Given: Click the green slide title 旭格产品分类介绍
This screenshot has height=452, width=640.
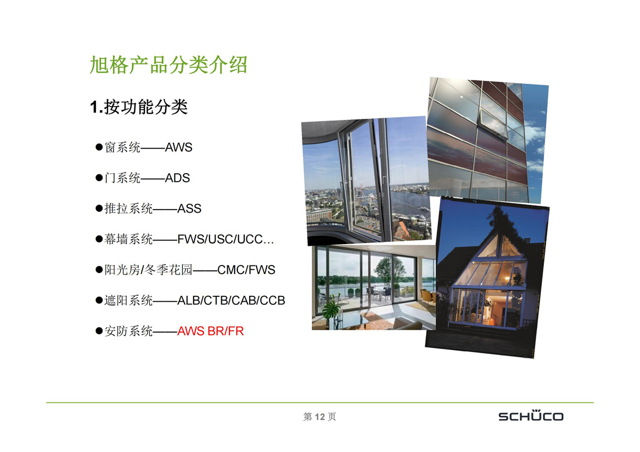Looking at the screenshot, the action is point(169,65).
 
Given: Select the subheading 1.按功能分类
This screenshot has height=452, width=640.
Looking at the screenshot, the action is point(139,107).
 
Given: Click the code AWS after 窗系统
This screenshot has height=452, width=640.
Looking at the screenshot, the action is point(179,147).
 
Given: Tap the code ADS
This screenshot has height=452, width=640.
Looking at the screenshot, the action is point(178,178).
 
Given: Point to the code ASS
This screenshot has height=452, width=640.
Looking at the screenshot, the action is point(189,208).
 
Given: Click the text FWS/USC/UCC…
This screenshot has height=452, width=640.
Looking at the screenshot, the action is point(226,239).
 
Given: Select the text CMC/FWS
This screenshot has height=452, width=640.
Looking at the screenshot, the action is point(246,270).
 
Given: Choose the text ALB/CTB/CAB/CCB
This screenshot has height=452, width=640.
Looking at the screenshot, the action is point(231,301).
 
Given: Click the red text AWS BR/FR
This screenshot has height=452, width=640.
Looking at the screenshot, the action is point(210,331).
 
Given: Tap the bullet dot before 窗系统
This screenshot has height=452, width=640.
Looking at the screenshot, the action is point(99,147).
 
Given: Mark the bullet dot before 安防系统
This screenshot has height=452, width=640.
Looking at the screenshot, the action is point(99,331).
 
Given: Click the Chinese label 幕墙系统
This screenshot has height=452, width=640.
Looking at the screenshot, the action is point(129,239).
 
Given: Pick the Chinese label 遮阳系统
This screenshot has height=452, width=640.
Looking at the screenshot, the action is point(129,301).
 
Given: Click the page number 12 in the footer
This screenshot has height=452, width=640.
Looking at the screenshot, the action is point(319,417).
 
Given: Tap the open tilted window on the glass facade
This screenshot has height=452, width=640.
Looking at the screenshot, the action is point(494,125).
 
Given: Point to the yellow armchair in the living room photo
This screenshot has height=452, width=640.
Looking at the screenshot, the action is point(427,297).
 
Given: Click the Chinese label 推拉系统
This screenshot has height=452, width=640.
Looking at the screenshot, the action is point(129,208).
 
